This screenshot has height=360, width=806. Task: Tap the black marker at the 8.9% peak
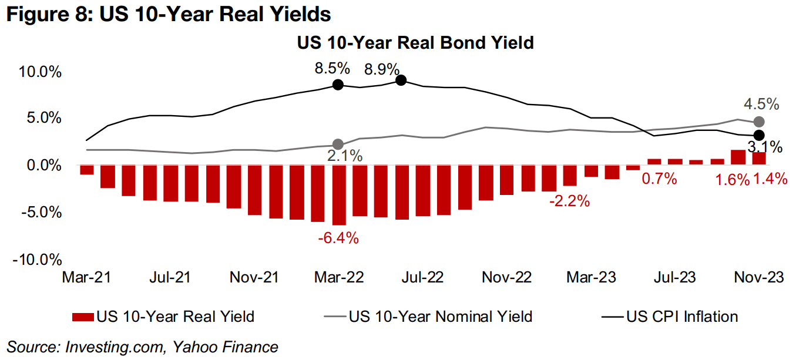[401, 80]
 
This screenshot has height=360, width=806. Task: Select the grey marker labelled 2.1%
[338, 144]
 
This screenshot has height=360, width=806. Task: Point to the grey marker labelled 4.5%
[759, 122]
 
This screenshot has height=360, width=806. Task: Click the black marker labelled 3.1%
[759, 135]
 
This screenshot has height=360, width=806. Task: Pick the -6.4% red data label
[337, 238]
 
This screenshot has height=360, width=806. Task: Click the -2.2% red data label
[569, 201]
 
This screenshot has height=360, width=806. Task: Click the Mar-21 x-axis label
[86, 277]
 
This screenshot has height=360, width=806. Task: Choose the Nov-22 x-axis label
[506, 277]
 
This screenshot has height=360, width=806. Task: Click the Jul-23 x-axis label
[674, 277]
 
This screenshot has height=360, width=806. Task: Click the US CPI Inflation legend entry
[682, 317]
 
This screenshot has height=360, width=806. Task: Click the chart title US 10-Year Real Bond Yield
[415, 43]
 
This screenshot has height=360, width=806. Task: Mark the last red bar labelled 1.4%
[759, 158]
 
